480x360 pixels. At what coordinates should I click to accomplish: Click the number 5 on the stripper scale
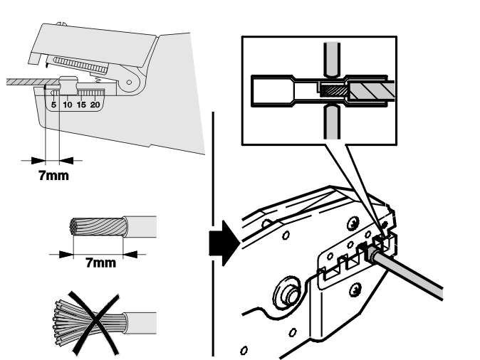(53, 105)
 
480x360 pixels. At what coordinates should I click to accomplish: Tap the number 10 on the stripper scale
(68, 105)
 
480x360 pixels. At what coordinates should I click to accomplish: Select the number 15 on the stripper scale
(81, 105)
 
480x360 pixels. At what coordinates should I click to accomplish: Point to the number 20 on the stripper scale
(95, 105)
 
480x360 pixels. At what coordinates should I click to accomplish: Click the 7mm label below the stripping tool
(53, 176)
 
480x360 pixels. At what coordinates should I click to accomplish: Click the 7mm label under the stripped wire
(100, 263)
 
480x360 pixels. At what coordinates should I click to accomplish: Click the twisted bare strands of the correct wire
(98, 227)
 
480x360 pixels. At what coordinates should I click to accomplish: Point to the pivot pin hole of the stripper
(129, 83)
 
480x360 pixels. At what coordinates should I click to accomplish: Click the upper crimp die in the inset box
(332, 60)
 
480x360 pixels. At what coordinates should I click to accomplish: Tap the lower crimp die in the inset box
(332, 122)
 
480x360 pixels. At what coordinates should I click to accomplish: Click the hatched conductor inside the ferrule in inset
(333, 91)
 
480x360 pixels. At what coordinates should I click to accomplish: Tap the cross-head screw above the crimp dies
(353, 223)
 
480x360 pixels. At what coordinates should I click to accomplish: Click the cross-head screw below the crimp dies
(356, 289)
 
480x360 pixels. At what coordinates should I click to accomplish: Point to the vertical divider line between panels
(213, 234)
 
